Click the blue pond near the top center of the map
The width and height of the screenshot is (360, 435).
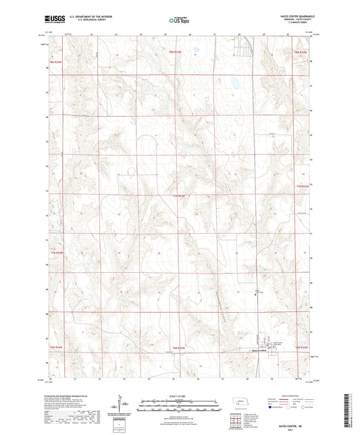click(x=234, y=84)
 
